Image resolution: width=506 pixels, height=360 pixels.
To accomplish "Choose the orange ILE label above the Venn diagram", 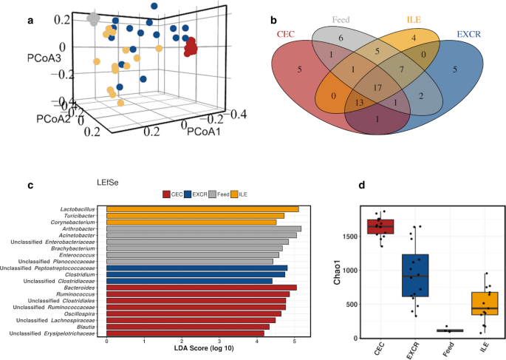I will click(413, 20).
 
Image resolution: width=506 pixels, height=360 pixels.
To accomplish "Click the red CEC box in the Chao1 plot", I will click(380, 226).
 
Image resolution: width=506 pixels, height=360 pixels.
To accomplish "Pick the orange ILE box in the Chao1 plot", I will click(485, 304).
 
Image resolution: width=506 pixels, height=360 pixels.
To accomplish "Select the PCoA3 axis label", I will click(44, 55).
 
